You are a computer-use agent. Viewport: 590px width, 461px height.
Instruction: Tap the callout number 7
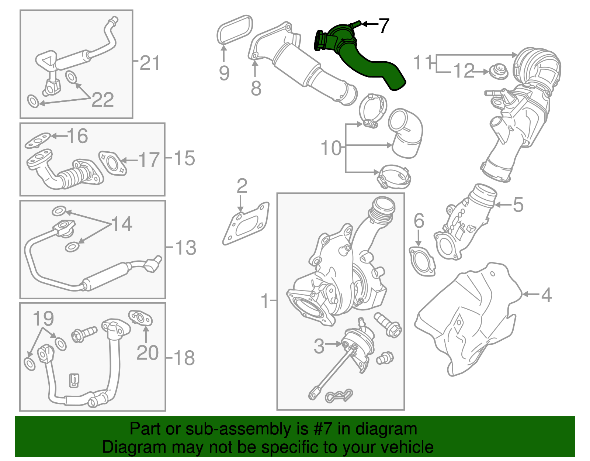383,26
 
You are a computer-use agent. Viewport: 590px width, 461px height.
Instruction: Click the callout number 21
150,63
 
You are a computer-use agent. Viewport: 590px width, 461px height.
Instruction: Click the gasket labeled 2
246,224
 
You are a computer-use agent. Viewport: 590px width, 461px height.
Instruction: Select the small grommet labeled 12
499,71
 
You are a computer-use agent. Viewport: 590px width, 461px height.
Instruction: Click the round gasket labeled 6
422,261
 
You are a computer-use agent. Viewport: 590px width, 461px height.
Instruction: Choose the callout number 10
331,148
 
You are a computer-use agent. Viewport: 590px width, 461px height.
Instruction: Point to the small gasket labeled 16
38,141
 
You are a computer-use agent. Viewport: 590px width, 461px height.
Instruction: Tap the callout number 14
122,224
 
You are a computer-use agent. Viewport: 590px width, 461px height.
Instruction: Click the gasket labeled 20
140,318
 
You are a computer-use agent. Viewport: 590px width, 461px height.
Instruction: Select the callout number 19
43,318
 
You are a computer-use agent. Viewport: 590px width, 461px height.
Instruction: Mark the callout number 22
103,100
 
